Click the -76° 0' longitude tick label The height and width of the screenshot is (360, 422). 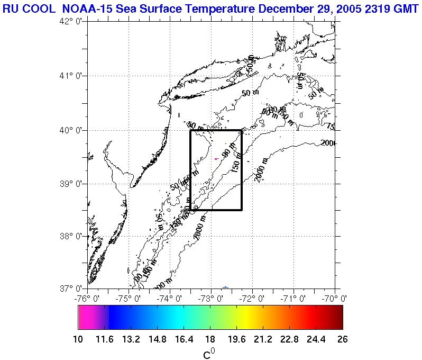(x=87, y=298)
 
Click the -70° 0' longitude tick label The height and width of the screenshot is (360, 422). (x=334, y=298)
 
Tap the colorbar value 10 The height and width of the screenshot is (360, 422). (x=78, y=339)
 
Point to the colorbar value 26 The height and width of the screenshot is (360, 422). (x=343, y=339)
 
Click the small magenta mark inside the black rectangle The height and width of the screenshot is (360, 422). (x=216, y=159)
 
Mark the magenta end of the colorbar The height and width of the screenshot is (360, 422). (x=85, y=318)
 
